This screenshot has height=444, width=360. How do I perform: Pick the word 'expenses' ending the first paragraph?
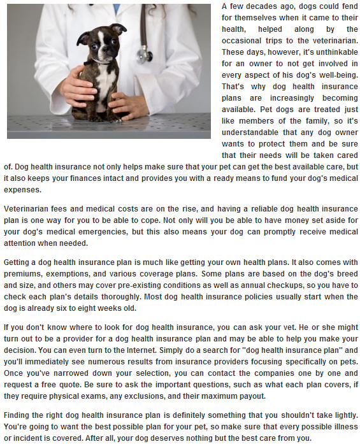coord(24,190)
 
